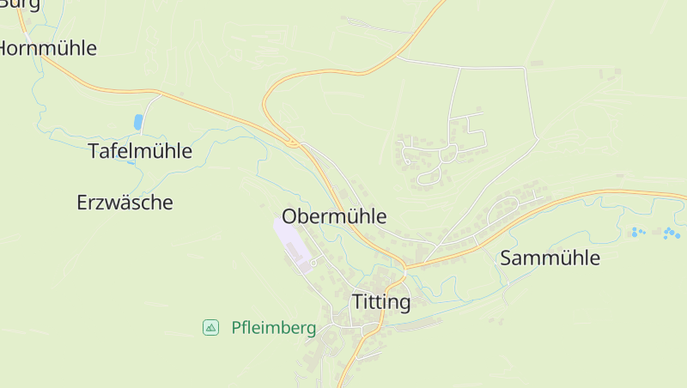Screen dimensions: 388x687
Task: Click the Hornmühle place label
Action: (x=48, y=48)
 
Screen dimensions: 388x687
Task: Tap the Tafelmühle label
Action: (x=140, y=151)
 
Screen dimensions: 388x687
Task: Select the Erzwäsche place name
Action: (x=125, y=203)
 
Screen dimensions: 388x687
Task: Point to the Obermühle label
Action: (x=334, y=215)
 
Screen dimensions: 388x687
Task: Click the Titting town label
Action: (x=381, y=302)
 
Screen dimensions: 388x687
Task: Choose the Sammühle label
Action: (x=550, y=258)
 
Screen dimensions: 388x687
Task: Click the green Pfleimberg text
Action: (x=273, y=328)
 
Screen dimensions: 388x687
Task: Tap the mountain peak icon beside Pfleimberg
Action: (x=210, y=327)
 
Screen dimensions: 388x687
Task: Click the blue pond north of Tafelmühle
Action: (x=138, y=122)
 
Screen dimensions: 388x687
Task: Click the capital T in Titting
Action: (x=358, y=302)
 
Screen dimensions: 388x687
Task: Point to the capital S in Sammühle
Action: (x=506, y=258)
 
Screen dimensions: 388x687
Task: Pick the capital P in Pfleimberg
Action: (x=236, y=328)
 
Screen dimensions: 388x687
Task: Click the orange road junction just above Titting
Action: (x=404, y=268)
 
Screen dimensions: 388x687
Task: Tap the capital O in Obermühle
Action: (x=290, y=215)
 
